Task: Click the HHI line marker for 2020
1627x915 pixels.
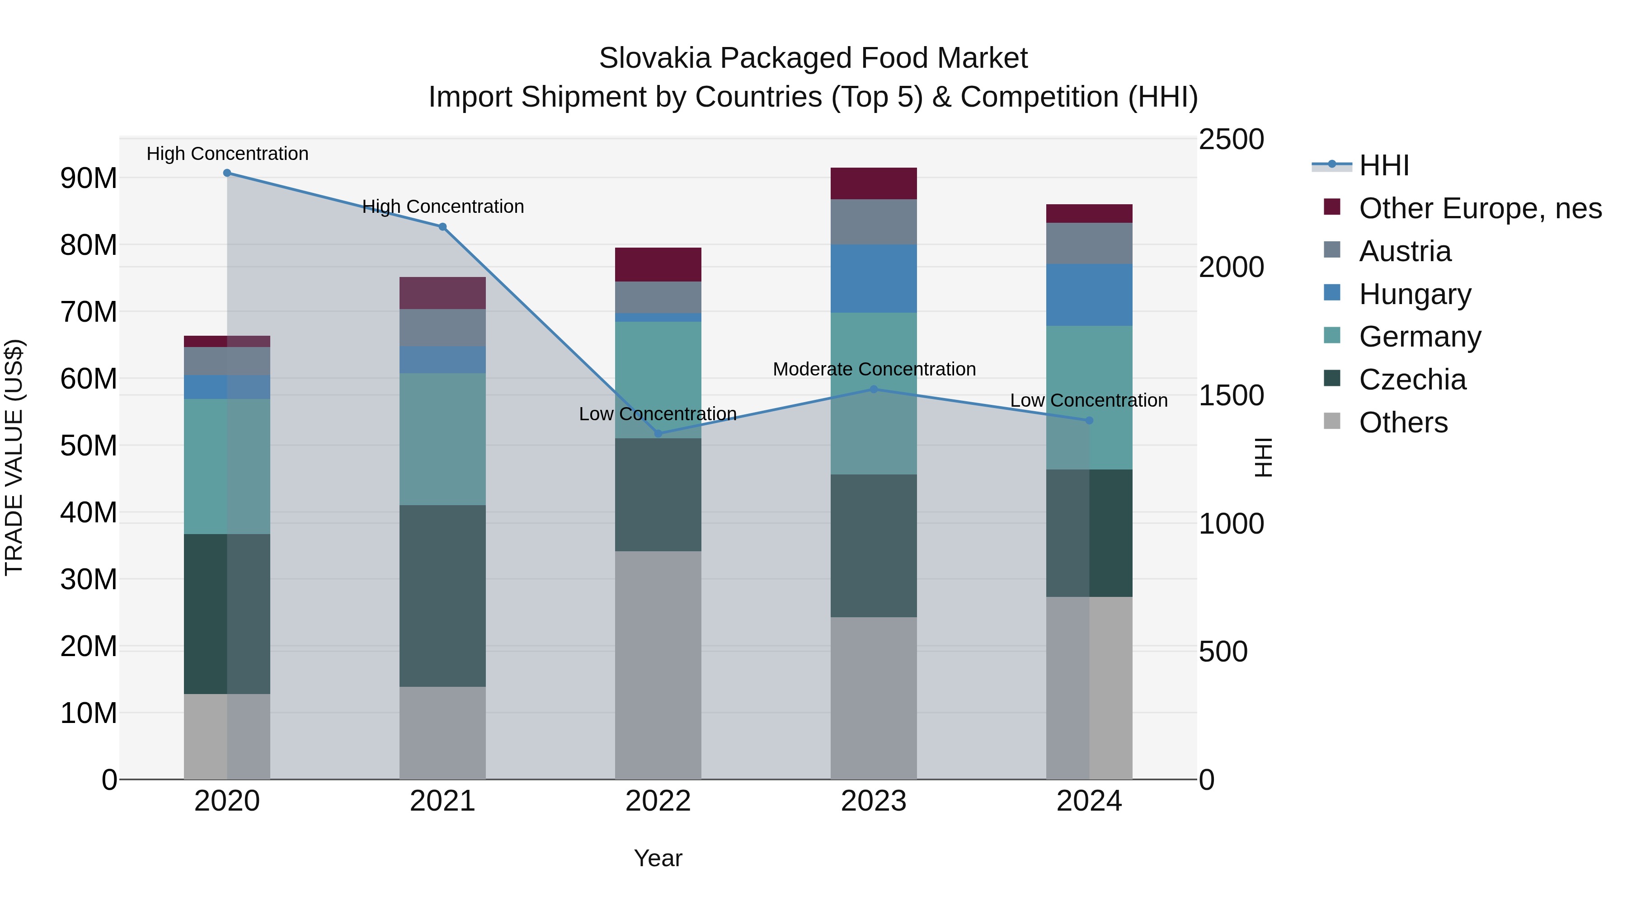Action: (227, 173)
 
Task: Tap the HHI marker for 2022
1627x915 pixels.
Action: (658, 434)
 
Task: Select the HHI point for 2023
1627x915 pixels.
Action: (874, 389)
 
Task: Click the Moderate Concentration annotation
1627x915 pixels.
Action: (874, 370)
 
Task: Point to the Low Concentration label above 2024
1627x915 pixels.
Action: (1088, 400)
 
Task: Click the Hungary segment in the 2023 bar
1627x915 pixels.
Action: (874, 278)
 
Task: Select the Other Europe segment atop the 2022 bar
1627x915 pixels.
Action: (658, 265)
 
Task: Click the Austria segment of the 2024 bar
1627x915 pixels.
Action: (1089, 243)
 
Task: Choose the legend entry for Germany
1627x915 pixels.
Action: (1420, 337)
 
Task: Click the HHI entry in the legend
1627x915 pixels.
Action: (1383, 165)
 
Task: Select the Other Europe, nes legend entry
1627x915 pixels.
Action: (1480, 208)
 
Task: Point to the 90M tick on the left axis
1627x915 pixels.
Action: (89, 178)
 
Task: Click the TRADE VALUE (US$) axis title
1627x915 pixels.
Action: (14, 457)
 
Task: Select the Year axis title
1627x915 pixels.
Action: (658, 858)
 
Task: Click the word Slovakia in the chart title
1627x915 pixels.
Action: (654, 58)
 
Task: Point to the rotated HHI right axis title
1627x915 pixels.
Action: (1263, 457)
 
